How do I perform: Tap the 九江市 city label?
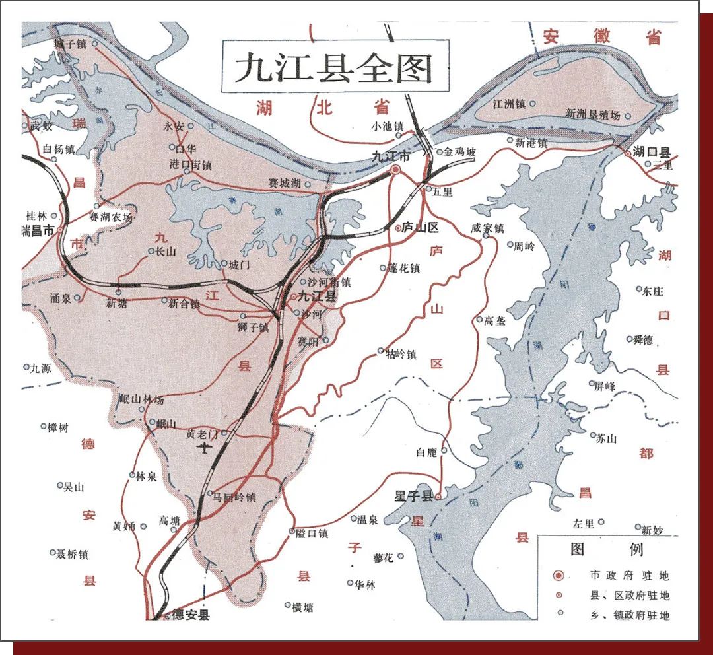point(390,157)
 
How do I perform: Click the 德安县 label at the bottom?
point(191,615)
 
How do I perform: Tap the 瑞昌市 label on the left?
point(38,231)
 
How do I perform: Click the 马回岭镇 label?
point(234,497)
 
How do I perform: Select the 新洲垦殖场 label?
point(592,114)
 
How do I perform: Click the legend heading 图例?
point(606,549)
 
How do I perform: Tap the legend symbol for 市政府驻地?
point(559,576)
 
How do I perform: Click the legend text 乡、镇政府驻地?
point(630,615)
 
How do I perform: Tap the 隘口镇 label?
point(313,533)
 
